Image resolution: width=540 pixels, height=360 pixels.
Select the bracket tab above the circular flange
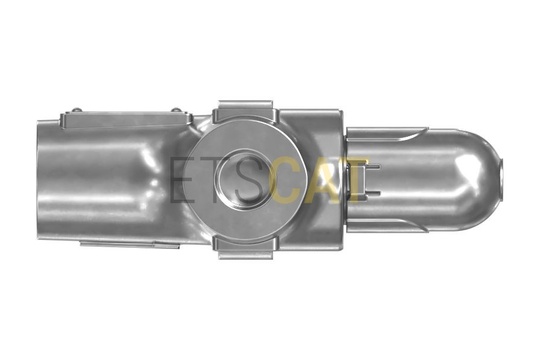246,111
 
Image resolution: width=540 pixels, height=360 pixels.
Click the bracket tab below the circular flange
246,247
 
